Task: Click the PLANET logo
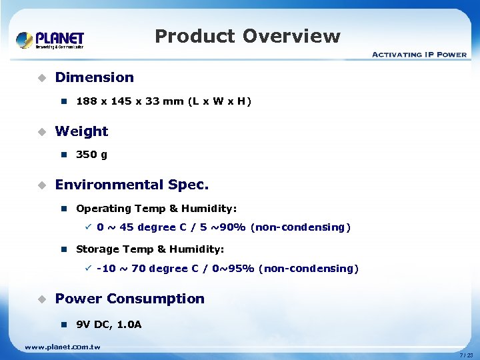pos(50,40)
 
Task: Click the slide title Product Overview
pos(247,36)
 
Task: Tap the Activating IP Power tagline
pos(419,55)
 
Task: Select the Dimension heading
pos(94,77)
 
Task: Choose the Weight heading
pos(81,131)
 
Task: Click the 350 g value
pos(92,155)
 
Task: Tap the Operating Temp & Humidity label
pos(156,209)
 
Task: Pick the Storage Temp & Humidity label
pos(150,249)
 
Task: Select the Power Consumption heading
pos(129,299)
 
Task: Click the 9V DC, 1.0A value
pos(109,325)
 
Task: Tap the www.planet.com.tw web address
pos(62,347)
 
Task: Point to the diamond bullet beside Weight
pos(41,131)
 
